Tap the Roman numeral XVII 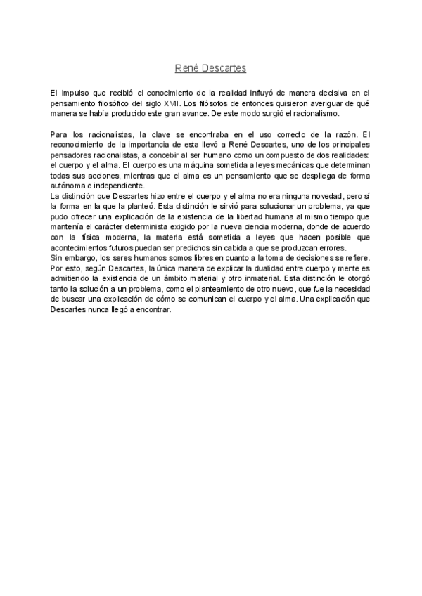pyautogui.click(x=170, y=103)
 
